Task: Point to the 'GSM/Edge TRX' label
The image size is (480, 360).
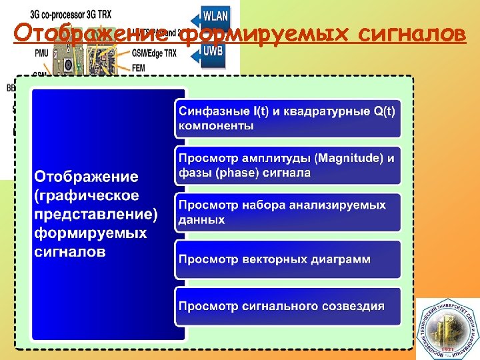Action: tap(155, 52)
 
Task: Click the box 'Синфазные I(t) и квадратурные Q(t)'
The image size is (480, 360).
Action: tap(287, 119)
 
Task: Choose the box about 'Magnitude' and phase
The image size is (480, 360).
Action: tap(287, 165)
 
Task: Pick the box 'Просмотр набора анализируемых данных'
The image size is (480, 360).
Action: tap(287, 212)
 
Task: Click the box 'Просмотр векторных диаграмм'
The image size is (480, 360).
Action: tap(287, 259)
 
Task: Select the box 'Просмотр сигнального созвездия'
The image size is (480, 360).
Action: tap(287, 306)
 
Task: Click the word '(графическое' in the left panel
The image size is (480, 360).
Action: tap(87, 195)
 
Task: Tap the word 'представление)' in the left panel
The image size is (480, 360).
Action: tap(96, 215)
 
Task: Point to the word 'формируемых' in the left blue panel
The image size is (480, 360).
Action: tap(90, 233)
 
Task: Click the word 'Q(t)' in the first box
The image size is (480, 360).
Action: tap(385, 111)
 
